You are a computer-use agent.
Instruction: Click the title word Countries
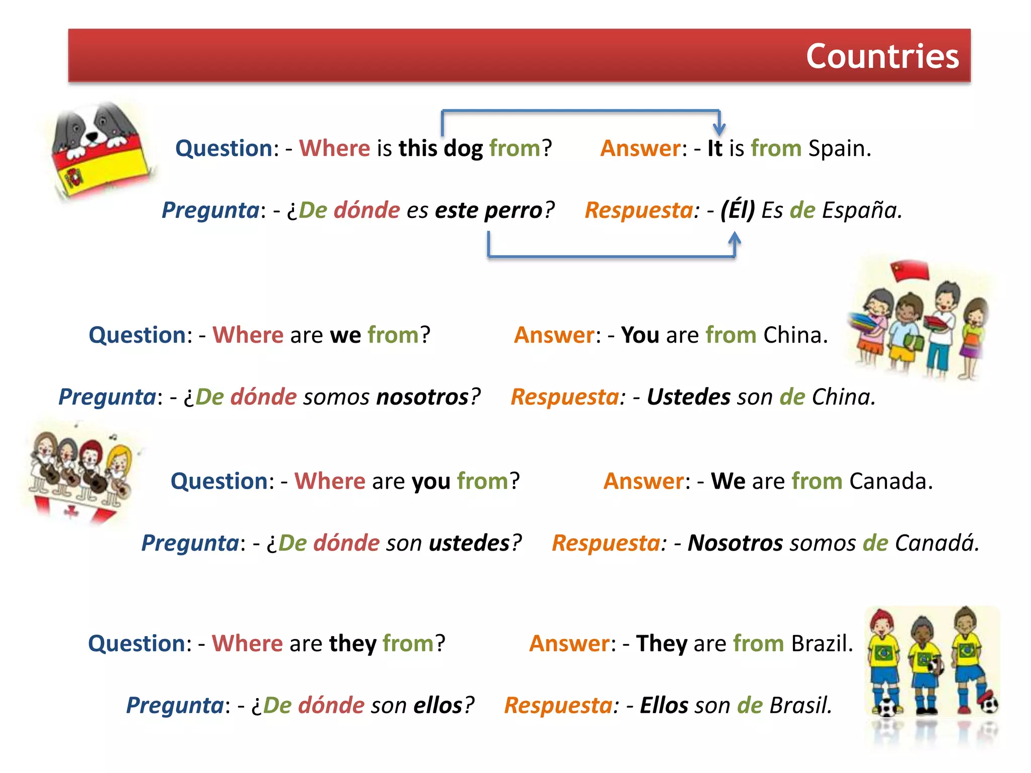pos(882,56)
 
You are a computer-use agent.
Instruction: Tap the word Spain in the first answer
pos(839,148)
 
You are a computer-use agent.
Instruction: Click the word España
pos(861,210)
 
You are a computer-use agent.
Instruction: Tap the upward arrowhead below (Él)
pos(734,238)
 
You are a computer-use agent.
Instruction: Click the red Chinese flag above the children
pos(910,270)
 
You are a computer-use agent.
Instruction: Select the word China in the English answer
pos(795,335)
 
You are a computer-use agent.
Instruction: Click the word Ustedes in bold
pos(688,397)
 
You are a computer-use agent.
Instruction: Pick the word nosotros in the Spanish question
pos(423,397)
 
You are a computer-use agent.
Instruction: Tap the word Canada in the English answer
pos(891,481)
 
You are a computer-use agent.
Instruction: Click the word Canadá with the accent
pos(936,543)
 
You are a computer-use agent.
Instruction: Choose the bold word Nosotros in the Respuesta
pos(735,543)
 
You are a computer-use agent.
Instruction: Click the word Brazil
pos(822,644)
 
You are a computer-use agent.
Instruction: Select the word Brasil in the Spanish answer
pos(800,706)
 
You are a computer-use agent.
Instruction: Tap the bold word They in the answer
pos(661,644)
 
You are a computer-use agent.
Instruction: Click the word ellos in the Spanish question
pos(438,706)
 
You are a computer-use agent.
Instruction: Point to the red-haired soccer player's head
pos(881,625)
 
